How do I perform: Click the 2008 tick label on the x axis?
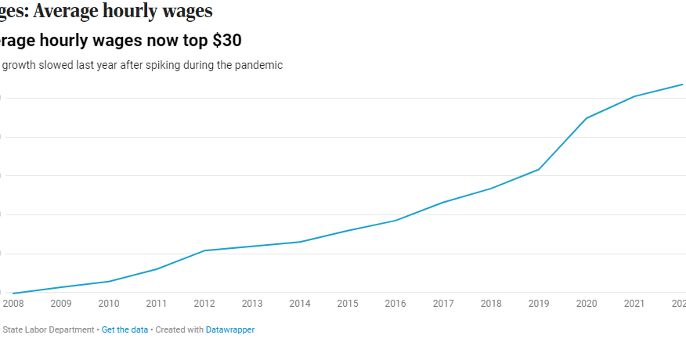(x=13, y=304)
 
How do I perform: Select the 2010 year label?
(x=109, y=304)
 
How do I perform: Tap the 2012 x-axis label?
(x=204, y=304)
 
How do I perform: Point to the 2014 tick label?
(x=300, y=304)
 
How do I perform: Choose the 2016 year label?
(x=395, y=304)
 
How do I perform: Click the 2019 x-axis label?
(x=539, y=304)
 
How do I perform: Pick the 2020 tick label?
(x=587, y=304)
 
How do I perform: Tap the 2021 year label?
(x=634, y=304)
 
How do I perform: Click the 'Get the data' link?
(x=125, y=330)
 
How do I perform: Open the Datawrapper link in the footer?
(x=229, y=330)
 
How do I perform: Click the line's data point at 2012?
(x=204, y=250)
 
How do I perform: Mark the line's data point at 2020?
(x=587, y=118)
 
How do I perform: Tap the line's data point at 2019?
(x=539, y=169)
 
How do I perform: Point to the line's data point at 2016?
(x=395, y=220)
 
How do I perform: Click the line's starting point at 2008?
(x=13, y=293)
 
